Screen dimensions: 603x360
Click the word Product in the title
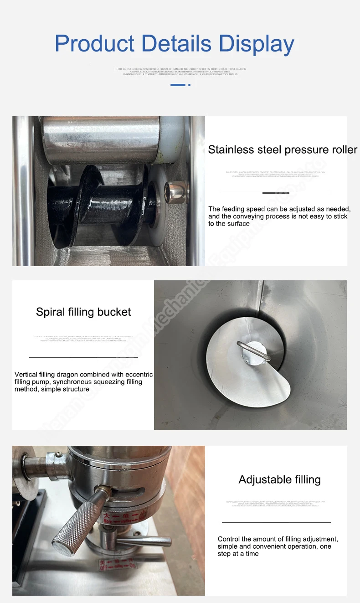pos(94,44)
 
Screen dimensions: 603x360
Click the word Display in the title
pos(257,44)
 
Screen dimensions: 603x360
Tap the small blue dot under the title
pos(189,85)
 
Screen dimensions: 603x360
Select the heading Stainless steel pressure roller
pos(283,150)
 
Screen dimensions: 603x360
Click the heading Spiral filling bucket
pos(83,312)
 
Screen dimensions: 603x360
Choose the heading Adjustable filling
pos(279,479)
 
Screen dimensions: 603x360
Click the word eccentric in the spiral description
pos(136,375)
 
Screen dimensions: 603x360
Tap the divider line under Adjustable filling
pos(276,522)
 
